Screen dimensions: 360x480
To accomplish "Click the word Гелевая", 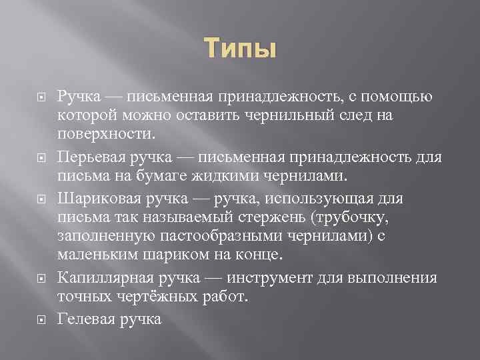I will coord(84,319).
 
